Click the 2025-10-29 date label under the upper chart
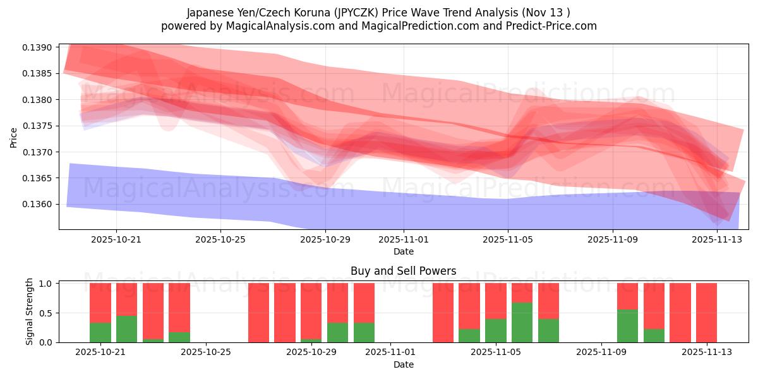[x=325, y=239]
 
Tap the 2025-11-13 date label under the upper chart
[x=717, y=239]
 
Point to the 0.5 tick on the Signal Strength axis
[x=47, y=313]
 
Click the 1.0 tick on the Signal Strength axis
[x=47, y=284]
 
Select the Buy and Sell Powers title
[x=403, y=272]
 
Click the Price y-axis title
[x=14, y=137]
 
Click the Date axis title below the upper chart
[x=403, y=251]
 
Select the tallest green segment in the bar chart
[x=522, y=323]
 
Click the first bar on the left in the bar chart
[x=100, y=313]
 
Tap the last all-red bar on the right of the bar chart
[x=706, y=313]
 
